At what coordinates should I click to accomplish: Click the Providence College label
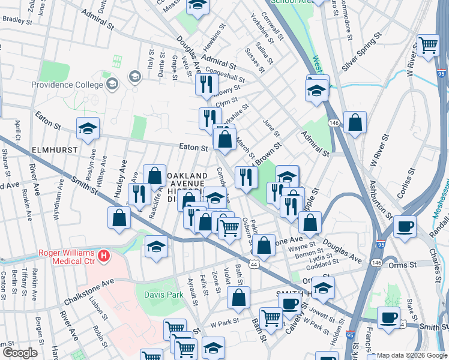[68, 85]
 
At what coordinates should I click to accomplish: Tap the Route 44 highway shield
[255, 264]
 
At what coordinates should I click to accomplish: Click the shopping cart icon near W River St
[428, 44]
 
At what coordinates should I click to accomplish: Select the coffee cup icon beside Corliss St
[405, 226]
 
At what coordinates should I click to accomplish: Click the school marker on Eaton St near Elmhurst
[88, 128]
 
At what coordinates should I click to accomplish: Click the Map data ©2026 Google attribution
[412, 355]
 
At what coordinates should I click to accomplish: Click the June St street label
[271, 127]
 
